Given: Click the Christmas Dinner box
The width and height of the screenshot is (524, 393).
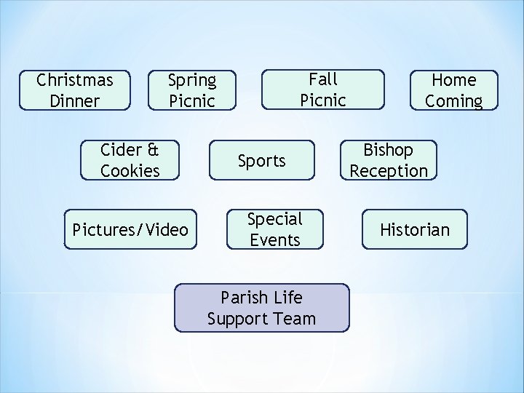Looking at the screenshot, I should click(75, 90).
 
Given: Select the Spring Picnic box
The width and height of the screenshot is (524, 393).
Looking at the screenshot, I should click(191, 90).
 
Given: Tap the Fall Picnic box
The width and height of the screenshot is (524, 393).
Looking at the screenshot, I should click(323, 89).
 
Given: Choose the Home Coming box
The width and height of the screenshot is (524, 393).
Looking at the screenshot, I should click(453, 90).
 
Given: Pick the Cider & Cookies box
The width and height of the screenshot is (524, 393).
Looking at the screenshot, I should click(130, 160).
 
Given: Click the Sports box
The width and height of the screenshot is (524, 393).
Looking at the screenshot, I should click(262, 160).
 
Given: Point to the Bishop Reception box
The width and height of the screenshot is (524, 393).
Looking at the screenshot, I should click(389, 160).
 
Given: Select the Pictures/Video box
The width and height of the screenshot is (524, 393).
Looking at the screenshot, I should click(130, 230).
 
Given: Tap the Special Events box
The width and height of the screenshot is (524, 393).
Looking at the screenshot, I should click(275, 229).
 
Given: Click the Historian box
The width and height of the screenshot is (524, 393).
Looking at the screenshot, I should click(415, 230).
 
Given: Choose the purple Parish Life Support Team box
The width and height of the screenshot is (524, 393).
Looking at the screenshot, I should click(261, 308).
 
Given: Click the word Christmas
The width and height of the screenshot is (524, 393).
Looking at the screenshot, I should click(75, 79).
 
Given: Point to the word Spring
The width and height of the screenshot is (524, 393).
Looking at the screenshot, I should click(192, 79).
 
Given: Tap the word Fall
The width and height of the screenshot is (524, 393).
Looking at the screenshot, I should click(323, 79).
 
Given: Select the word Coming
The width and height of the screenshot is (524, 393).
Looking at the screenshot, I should click(453, 100).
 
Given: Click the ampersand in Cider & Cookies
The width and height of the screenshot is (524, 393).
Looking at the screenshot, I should click(152, 150).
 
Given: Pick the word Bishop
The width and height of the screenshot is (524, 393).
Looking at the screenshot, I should click(389, 150).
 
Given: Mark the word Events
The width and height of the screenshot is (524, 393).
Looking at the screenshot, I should click(275, 240).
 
